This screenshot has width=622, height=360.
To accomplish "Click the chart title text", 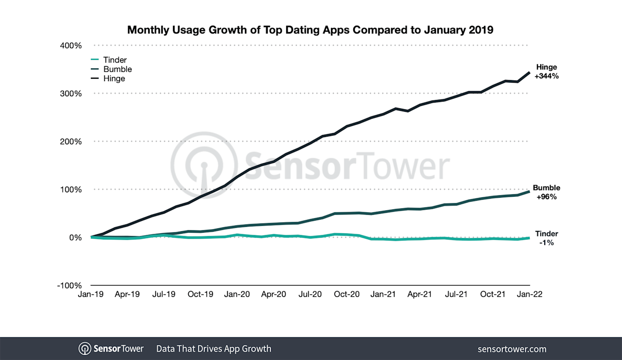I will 310,30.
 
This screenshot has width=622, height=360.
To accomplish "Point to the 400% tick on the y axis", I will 70,46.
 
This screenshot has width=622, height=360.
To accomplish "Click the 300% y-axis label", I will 70,93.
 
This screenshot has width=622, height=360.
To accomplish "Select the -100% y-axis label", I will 69,285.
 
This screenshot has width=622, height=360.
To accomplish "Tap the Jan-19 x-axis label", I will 91,294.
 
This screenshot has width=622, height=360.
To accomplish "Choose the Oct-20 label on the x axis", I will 347,294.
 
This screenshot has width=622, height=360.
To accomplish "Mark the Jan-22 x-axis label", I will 530,294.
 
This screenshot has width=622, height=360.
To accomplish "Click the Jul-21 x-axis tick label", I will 456,294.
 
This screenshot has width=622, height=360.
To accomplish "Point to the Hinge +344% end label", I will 547,71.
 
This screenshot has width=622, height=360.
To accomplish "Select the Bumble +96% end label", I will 547,192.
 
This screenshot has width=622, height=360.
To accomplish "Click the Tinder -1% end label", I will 547,238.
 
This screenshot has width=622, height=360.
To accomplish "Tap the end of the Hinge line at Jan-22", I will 529,72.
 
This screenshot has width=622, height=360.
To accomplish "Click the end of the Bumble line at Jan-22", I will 529,191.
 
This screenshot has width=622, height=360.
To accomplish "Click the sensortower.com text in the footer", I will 512,349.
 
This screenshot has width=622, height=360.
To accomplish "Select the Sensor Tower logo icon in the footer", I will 85,349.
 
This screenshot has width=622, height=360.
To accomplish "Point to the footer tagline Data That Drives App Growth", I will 213,349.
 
